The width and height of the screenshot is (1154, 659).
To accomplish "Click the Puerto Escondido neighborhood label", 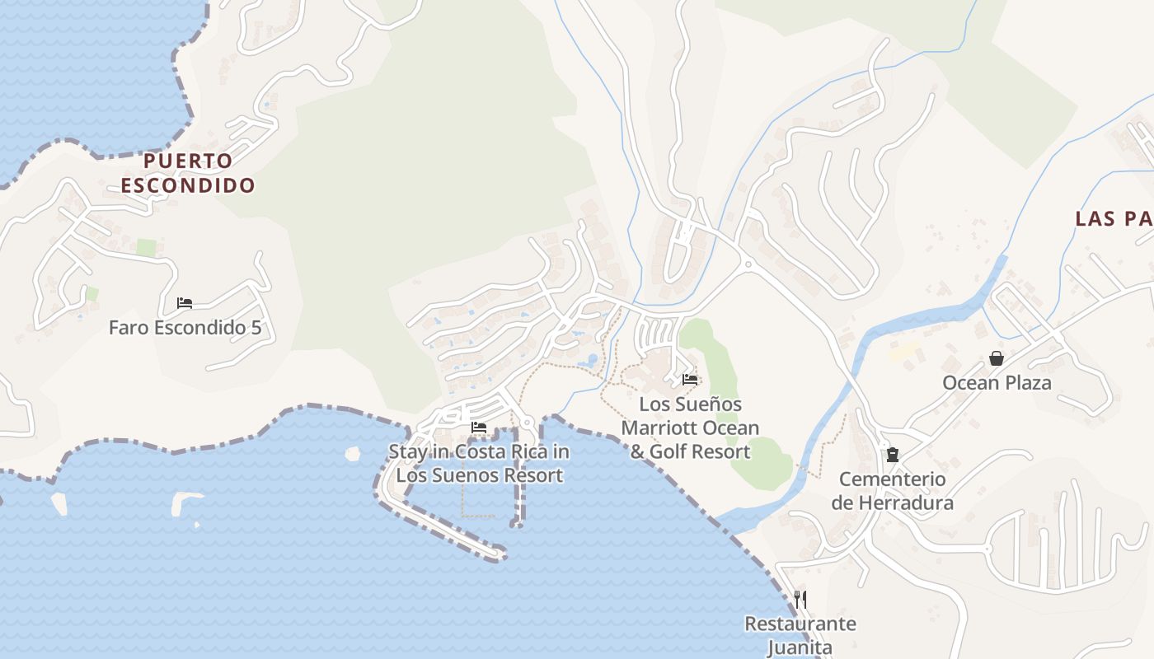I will pyautogui.click(x=188, y=172).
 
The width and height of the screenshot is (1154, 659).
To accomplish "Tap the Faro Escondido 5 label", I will pyautogui.click(x=185, y=327).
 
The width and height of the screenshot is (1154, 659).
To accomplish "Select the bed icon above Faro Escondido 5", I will pyautogui.click(x=185, y=303).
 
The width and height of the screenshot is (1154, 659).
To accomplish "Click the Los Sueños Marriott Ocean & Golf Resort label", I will pyautogui.click(x=690, y=428).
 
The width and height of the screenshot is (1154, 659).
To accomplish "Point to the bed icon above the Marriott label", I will pyautogui.click(x=690, y=380).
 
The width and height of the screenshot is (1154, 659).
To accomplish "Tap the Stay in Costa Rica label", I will pyautogui.click(x=479, y=463).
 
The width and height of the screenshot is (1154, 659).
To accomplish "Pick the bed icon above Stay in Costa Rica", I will pyautogui.click(x=479, y=428).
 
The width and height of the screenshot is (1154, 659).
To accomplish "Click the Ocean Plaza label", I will pyautogui.click(x=997, y=382).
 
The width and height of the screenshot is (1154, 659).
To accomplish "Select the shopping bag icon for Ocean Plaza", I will pyautogui.click(x=997, y=358).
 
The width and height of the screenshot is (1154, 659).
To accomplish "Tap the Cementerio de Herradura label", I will pyautogui.click(x=892, y=491).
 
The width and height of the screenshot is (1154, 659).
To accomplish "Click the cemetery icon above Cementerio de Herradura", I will pyautogui.click(x=892, y=455).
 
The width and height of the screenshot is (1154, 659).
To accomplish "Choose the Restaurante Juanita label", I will pyautogui.click(x=800, y=635).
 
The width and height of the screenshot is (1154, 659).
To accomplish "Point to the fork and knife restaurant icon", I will pyautogui.click(x=800, y=599).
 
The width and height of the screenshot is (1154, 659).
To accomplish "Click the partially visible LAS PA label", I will pyautogui.click(x=1114, y=218).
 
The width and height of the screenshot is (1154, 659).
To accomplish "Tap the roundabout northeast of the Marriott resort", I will pyautogui.click(x=748, y=264).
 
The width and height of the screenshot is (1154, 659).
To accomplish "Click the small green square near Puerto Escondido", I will pyautogui.click(x=146, y=247).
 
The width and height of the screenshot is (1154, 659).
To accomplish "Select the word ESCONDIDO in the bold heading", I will pyautogui.click(x=188, y=185).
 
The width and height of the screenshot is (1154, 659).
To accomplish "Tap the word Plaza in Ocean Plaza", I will pyautogui.click(x=1025, y=382).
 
